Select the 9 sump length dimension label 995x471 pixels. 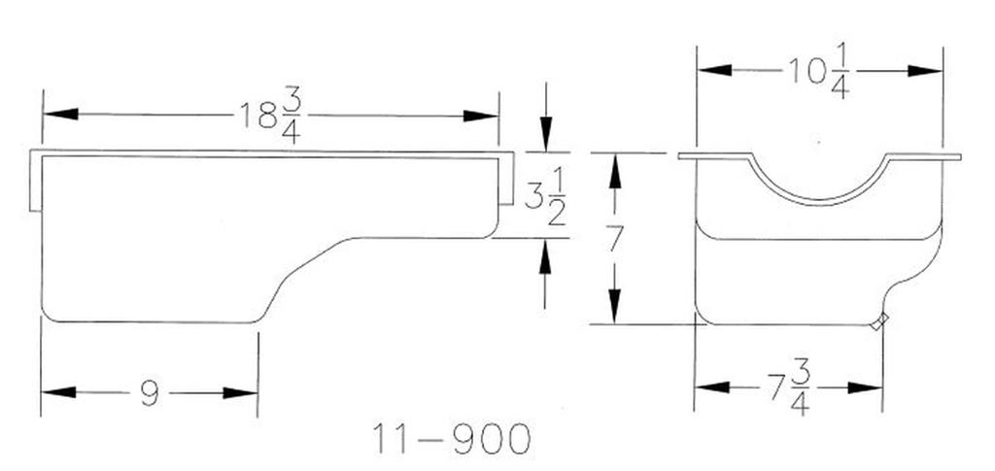click(149, 393)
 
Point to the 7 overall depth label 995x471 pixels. click(614, 238)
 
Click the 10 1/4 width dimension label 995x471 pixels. click(818, 72)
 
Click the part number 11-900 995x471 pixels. click(451, 439)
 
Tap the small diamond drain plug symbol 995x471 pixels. click(878, 321)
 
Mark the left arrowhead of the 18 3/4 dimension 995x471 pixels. click(60, 114)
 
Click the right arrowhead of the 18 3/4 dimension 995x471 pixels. click(480, 116)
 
